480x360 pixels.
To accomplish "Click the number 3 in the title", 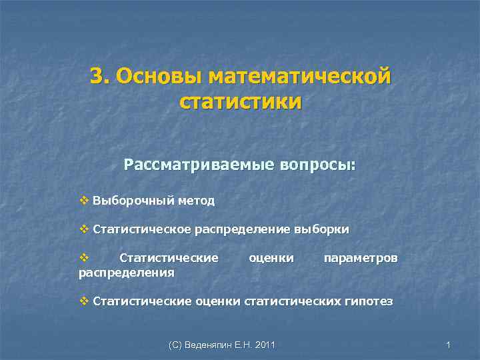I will [x=97, y=77].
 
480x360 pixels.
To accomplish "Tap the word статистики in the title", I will [x=240, y=103].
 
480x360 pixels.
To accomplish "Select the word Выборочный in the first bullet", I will [x=131, y=201].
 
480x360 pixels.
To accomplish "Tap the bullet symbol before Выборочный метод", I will [x=84, y=200].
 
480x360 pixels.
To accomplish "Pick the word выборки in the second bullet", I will [x=321, y=230].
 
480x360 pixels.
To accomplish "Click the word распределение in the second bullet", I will [x=243, y=230].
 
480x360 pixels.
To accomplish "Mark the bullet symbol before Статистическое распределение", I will [x=84, y=229].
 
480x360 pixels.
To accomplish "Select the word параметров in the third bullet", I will [x=360, y=259].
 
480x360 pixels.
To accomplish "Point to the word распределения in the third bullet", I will [x=127, y=272].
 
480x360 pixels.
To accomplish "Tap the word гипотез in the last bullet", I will [x=369, y=302].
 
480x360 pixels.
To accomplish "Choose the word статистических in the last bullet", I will [x=293, y=302].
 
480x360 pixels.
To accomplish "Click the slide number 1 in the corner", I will [x=449, y=345].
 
